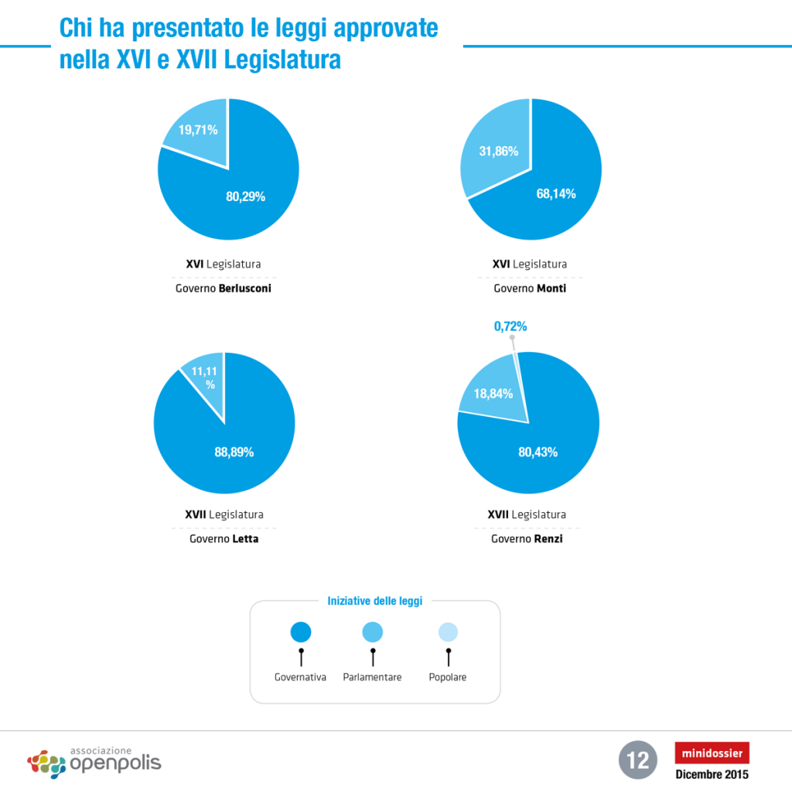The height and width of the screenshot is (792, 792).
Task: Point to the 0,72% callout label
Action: click(x=510, y=326)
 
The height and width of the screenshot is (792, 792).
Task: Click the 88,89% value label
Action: click(x=234, y=452)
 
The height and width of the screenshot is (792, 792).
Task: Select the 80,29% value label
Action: click(x=245, y=196)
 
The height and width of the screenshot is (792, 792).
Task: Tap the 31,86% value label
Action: click(x=499, y=151)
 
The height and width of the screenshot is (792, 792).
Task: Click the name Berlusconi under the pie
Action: click(x=245, y=288)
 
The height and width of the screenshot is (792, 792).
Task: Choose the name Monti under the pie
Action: click(x=551, y=288)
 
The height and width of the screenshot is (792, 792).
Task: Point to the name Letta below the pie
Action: click(x=245, y=539)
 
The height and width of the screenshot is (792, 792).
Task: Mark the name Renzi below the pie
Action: click(x=548, y=539)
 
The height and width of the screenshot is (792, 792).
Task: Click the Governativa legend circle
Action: click(x=301, y=632)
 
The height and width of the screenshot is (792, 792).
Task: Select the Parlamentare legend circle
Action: click(x=372, y=632)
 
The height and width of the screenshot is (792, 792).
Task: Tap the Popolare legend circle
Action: click(x=448, y=632)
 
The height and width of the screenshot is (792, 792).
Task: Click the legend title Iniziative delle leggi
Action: click(x=375, y=601)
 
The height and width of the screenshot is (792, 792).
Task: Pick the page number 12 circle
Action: click(x=637, y=760)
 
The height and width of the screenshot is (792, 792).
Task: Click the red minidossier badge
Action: click(x=712, y=753)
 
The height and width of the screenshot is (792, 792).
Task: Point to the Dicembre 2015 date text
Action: click(x=712, y=774)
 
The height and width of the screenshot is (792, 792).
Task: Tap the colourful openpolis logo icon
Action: click(x=46, y=763)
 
